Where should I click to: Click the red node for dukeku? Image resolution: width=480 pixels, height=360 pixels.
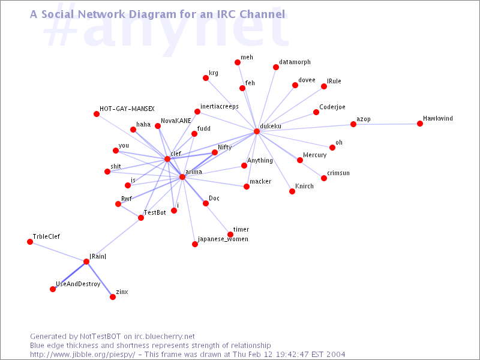(x=257, y=131)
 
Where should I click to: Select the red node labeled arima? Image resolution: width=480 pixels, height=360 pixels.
(x=182, y=177)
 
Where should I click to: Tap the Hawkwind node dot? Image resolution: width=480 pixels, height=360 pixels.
(x=420, y=124)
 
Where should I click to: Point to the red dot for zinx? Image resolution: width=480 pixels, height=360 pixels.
(x=113, y=297)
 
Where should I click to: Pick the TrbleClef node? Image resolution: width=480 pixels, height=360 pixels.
(x=30, y=242)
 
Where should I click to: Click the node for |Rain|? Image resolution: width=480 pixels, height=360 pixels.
(x=86, y=262)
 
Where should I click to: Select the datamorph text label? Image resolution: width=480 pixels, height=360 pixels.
(x=295, y=62)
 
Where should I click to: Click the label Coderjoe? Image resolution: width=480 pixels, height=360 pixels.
(x=332, y=107)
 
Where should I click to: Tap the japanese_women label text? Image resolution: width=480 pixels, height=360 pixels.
(x=223, y=239)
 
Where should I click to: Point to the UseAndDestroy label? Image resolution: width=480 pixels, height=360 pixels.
(x=78, y=284)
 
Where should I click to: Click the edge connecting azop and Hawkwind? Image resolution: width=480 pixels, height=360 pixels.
(x=386, y=124)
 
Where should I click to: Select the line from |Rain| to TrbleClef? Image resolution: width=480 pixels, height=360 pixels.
(x=58, y=251)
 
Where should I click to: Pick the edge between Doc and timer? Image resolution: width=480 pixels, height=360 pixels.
(x=218, y=219)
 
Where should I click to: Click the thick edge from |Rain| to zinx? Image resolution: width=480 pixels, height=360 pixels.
(x=100, y=279)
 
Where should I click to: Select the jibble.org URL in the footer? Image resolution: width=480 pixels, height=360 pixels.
(x=82, y=355)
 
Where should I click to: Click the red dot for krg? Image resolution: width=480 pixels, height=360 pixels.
(x=206, y=78)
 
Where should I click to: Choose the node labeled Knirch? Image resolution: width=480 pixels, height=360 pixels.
(x=292, y=191)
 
